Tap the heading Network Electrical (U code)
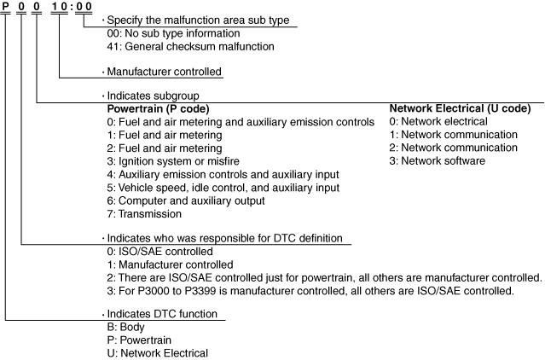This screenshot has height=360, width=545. point(460,109)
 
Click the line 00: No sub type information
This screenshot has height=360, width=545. point(177,33)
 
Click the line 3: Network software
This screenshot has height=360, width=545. point(437,160)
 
